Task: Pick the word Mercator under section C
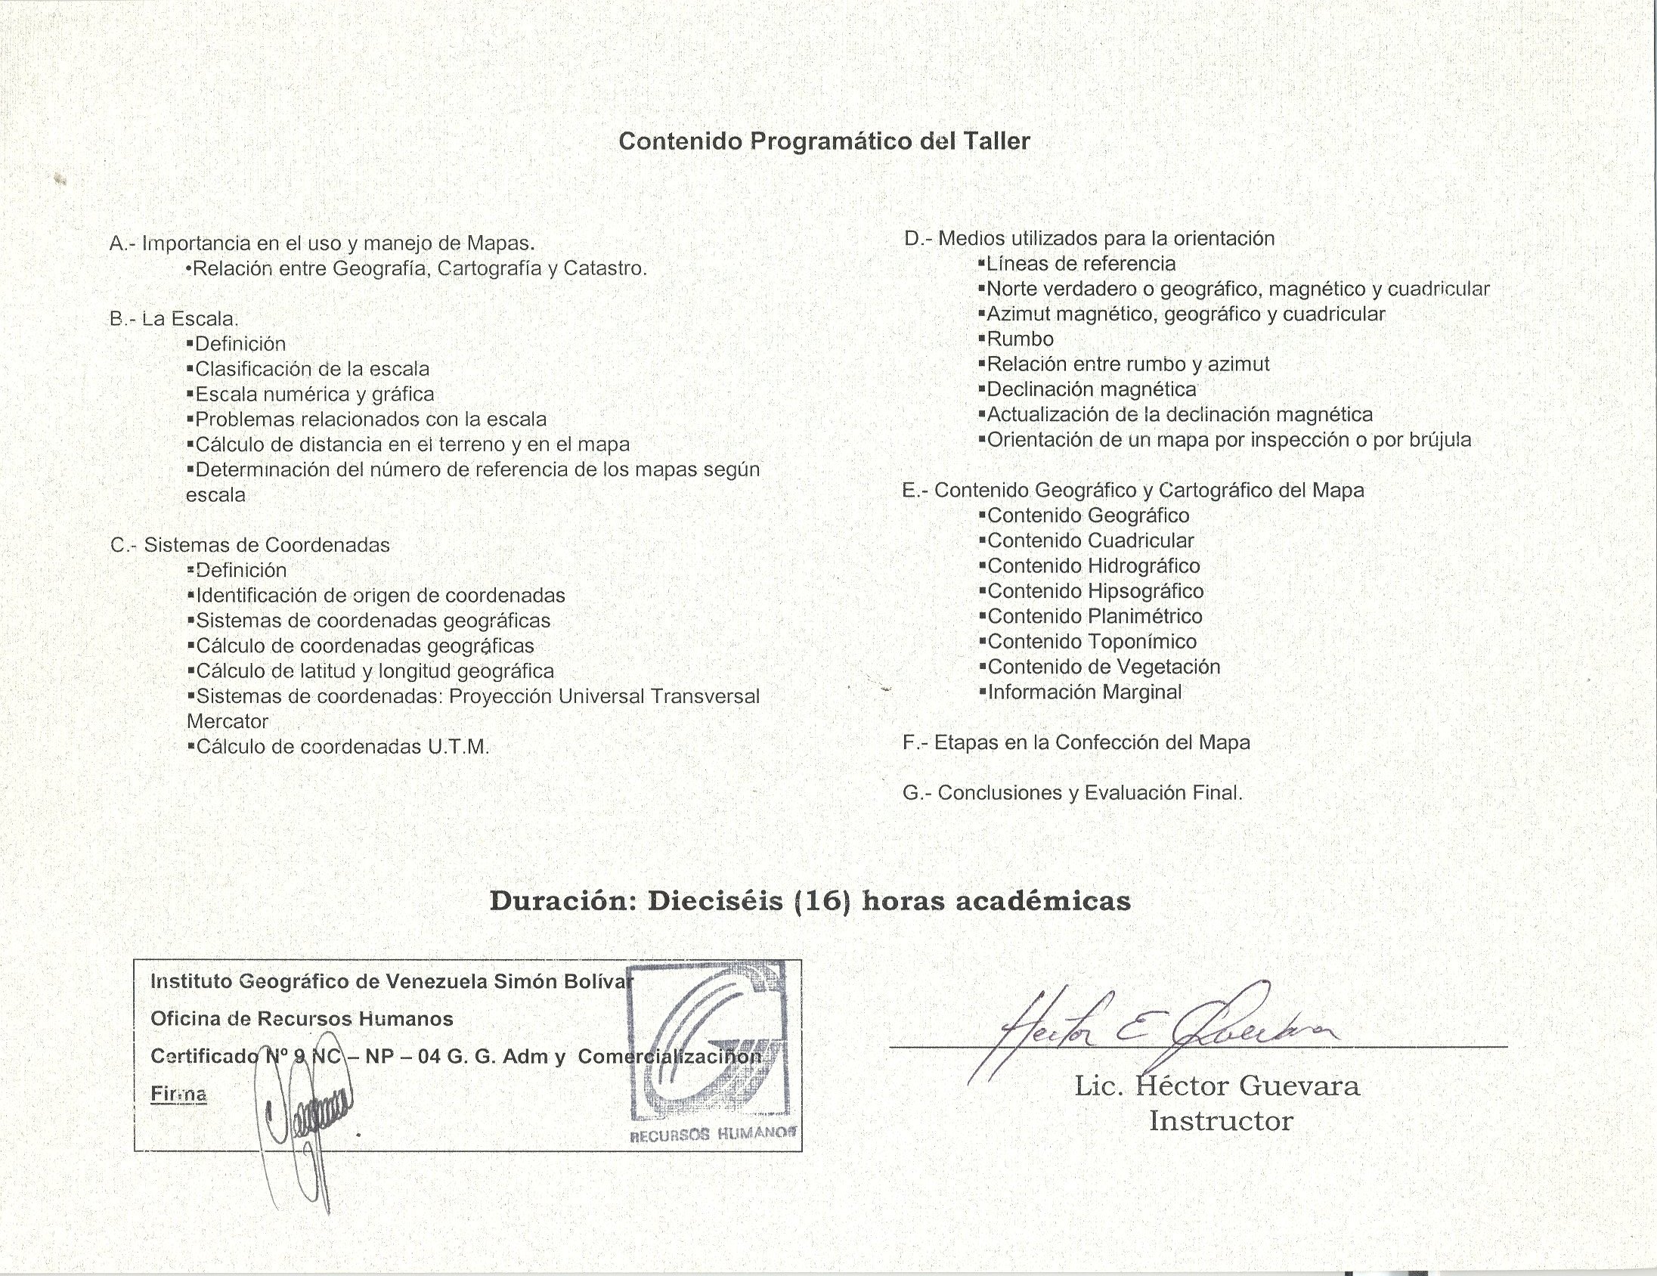click(x=228, y=721)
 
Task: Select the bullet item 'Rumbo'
click(x=1020, y=339)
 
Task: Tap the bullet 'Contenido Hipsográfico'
click(x=1095, y=591)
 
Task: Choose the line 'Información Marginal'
click(x=1084, y=692)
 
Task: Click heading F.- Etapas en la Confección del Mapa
click(x=1076, y=742)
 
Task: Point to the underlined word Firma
click(x=179, y=1094)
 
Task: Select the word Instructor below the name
click(x=1220, y=1120)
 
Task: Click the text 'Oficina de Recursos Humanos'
click(x=302, y=1019)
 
